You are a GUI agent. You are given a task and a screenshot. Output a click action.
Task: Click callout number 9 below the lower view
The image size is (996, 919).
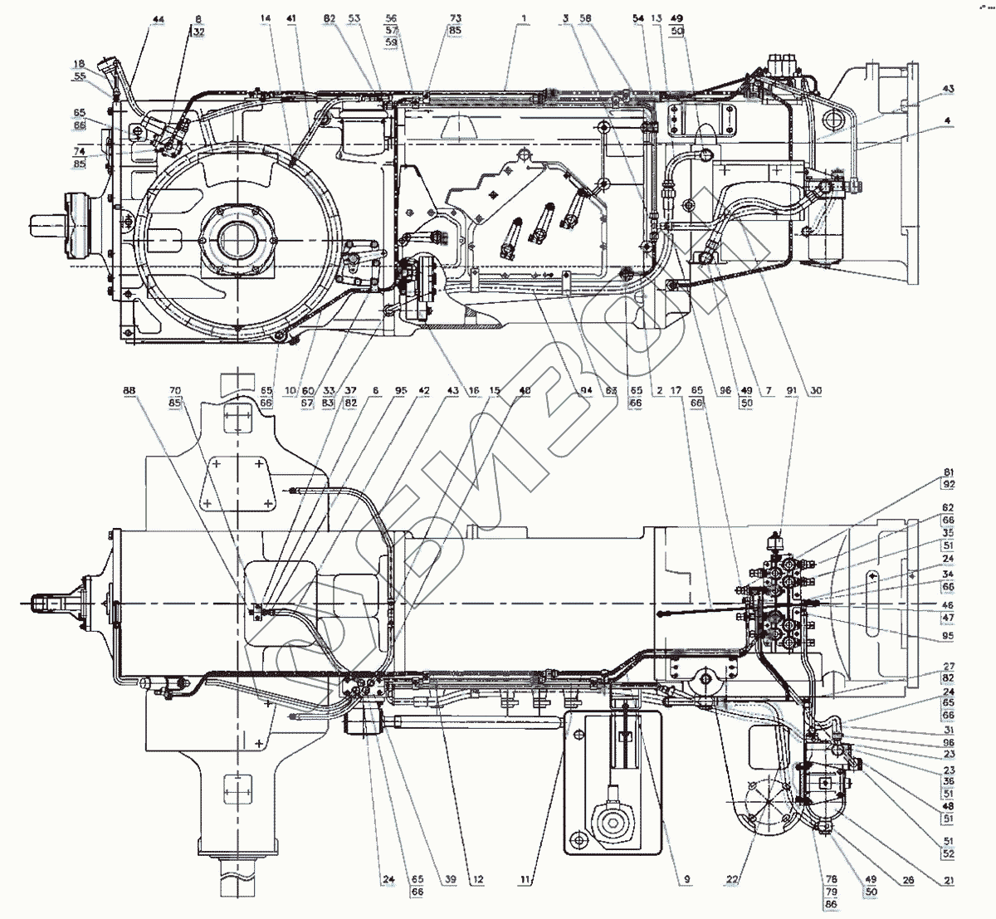[687, 878]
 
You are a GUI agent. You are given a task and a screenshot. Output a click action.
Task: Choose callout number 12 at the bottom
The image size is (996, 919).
[479, 878]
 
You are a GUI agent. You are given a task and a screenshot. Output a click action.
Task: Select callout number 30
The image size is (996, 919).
[816, 389]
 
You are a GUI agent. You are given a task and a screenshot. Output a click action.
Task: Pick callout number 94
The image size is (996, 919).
[587, 389]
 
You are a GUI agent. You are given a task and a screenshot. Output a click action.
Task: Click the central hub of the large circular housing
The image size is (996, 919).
[238, 241]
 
